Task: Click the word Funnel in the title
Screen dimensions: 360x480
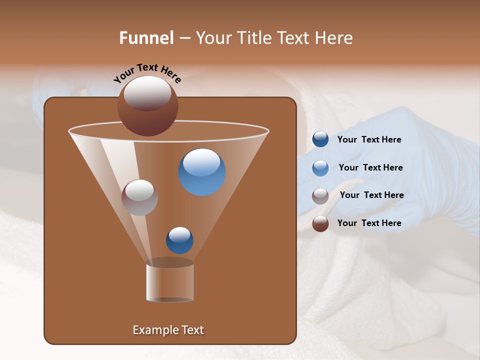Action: pos(146,37)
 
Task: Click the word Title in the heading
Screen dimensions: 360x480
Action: pos(253,37)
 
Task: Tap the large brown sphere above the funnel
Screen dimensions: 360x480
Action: pos(148,107)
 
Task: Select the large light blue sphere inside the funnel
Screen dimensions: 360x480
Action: pos(201,172)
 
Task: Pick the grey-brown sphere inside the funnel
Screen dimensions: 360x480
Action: pos(140,197)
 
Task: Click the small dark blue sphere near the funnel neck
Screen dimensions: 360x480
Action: pos(179,240)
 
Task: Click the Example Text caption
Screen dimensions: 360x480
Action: pos(168,330)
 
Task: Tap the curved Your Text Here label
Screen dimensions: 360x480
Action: pos(147,73)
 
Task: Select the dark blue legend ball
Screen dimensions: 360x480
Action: pos(320,139)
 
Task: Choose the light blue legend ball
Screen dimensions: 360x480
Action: pos(320,167)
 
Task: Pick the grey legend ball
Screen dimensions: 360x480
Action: pos(320,195)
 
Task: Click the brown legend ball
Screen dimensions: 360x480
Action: pos(320,223)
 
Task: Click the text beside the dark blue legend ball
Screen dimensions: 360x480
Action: pos(369,139)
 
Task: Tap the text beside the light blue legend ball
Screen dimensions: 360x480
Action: pos(370,167)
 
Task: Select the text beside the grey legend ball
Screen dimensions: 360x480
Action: pos(371,195)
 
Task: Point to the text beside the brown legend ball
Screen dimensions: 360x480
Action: pos(369,223)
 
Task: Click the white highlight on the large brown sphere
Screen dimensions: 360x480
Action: pos(147,93)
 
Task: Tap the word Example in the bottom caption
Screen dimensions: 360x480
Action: pos(152,330)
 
